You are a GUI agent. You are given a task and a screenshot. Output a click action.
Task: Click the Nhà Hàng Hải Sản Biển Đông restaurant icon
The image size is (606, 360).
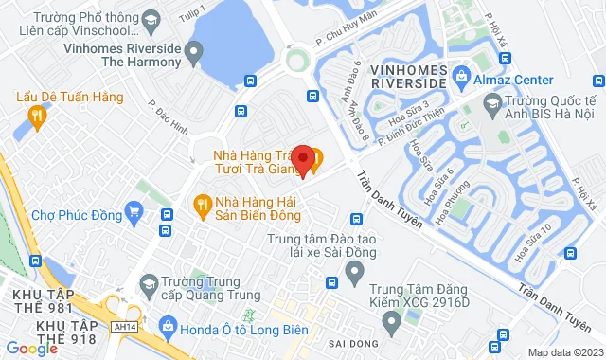pyautogui.click(x=201, y=203)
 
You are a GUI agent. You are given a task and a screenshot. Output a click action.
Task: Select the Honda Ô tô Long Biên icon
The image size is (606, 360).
pyautogui.click(x=167, y=328)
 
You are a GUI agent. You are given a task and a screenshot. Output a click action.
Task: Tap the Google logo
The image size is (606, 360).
pyautogui.click(x=31, y=349)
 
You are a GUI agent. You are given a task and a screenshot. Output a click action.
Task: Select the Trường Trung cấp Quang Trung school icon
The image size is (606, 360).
pyautogui.click(x=149, y=283)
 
